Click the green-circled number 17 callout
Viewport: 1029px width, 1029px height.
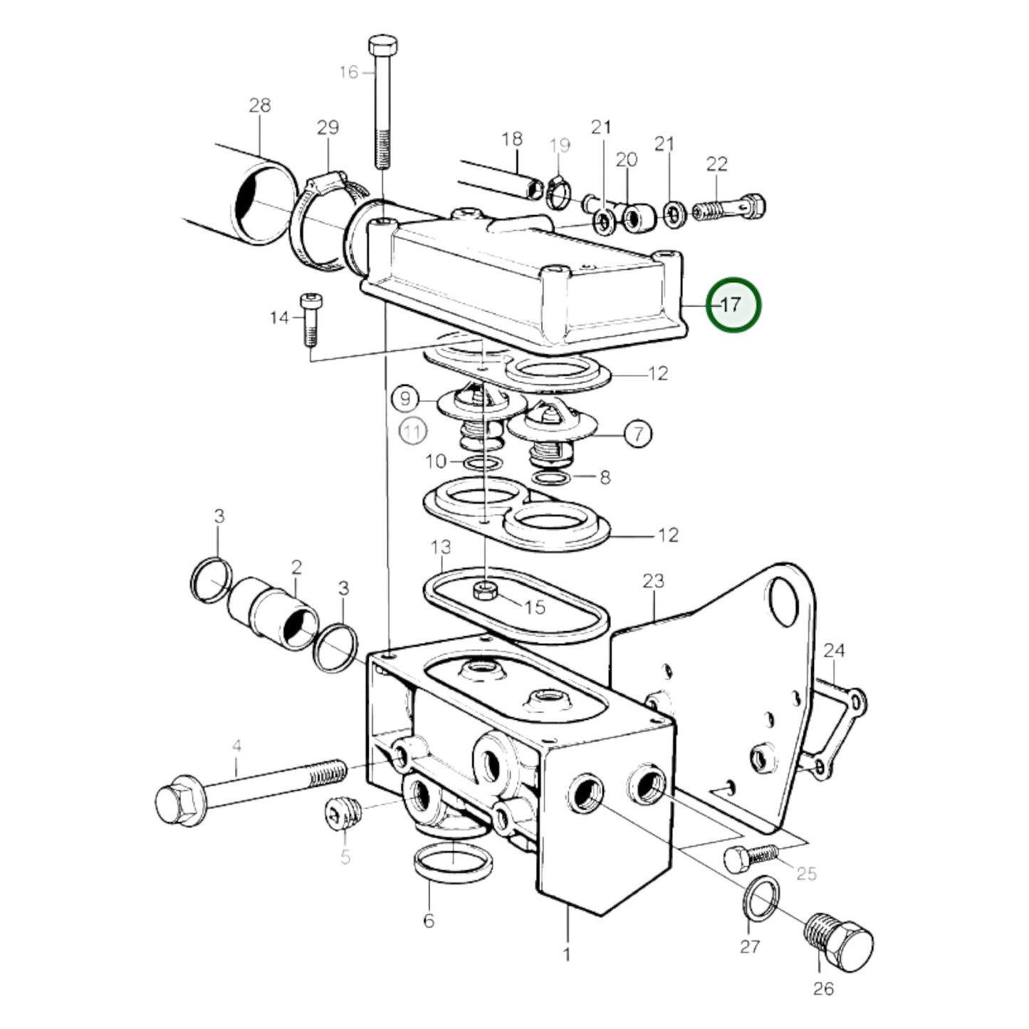[733, 305]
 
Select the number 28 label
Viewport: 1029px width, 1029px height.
[259, 105]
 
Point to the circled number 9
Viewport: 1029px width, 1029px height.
[405, 399]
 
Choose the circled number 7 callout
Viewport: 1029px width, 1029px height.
[639, 434]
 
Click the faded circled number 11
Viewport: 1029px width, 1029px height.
[413, 432]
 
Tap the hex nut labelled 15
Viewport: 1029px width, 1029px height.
[485, 590]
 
